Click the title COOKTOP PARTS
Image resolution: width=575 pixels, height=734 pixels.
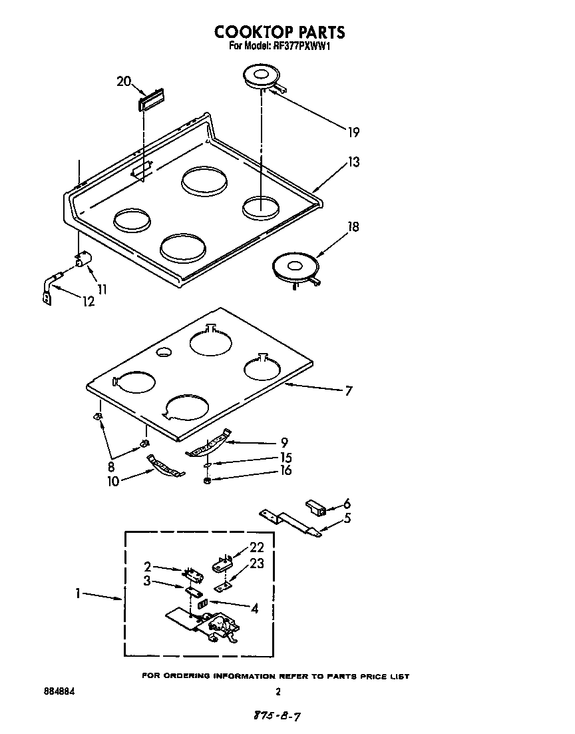[280, 31]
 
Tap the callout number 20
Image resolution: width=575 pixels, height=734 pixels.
[124, 81]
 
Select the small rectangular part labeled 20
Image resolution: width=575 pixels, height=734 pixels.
[150, 101]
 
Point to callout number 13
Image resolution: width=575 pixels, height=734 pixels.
[353, 162]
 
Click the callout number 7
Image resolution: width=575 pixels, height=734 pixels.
[348, 391]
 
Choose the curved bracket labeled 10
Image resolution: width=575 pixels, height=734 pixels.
[164, 466]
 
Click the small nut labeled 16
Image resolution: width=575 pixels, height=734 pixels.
[208, 480]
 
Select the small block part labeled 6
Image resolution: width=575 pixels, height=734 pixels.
[317, 509]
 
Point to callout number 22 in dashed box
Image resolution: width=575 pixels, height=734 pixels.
[257, 548]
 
